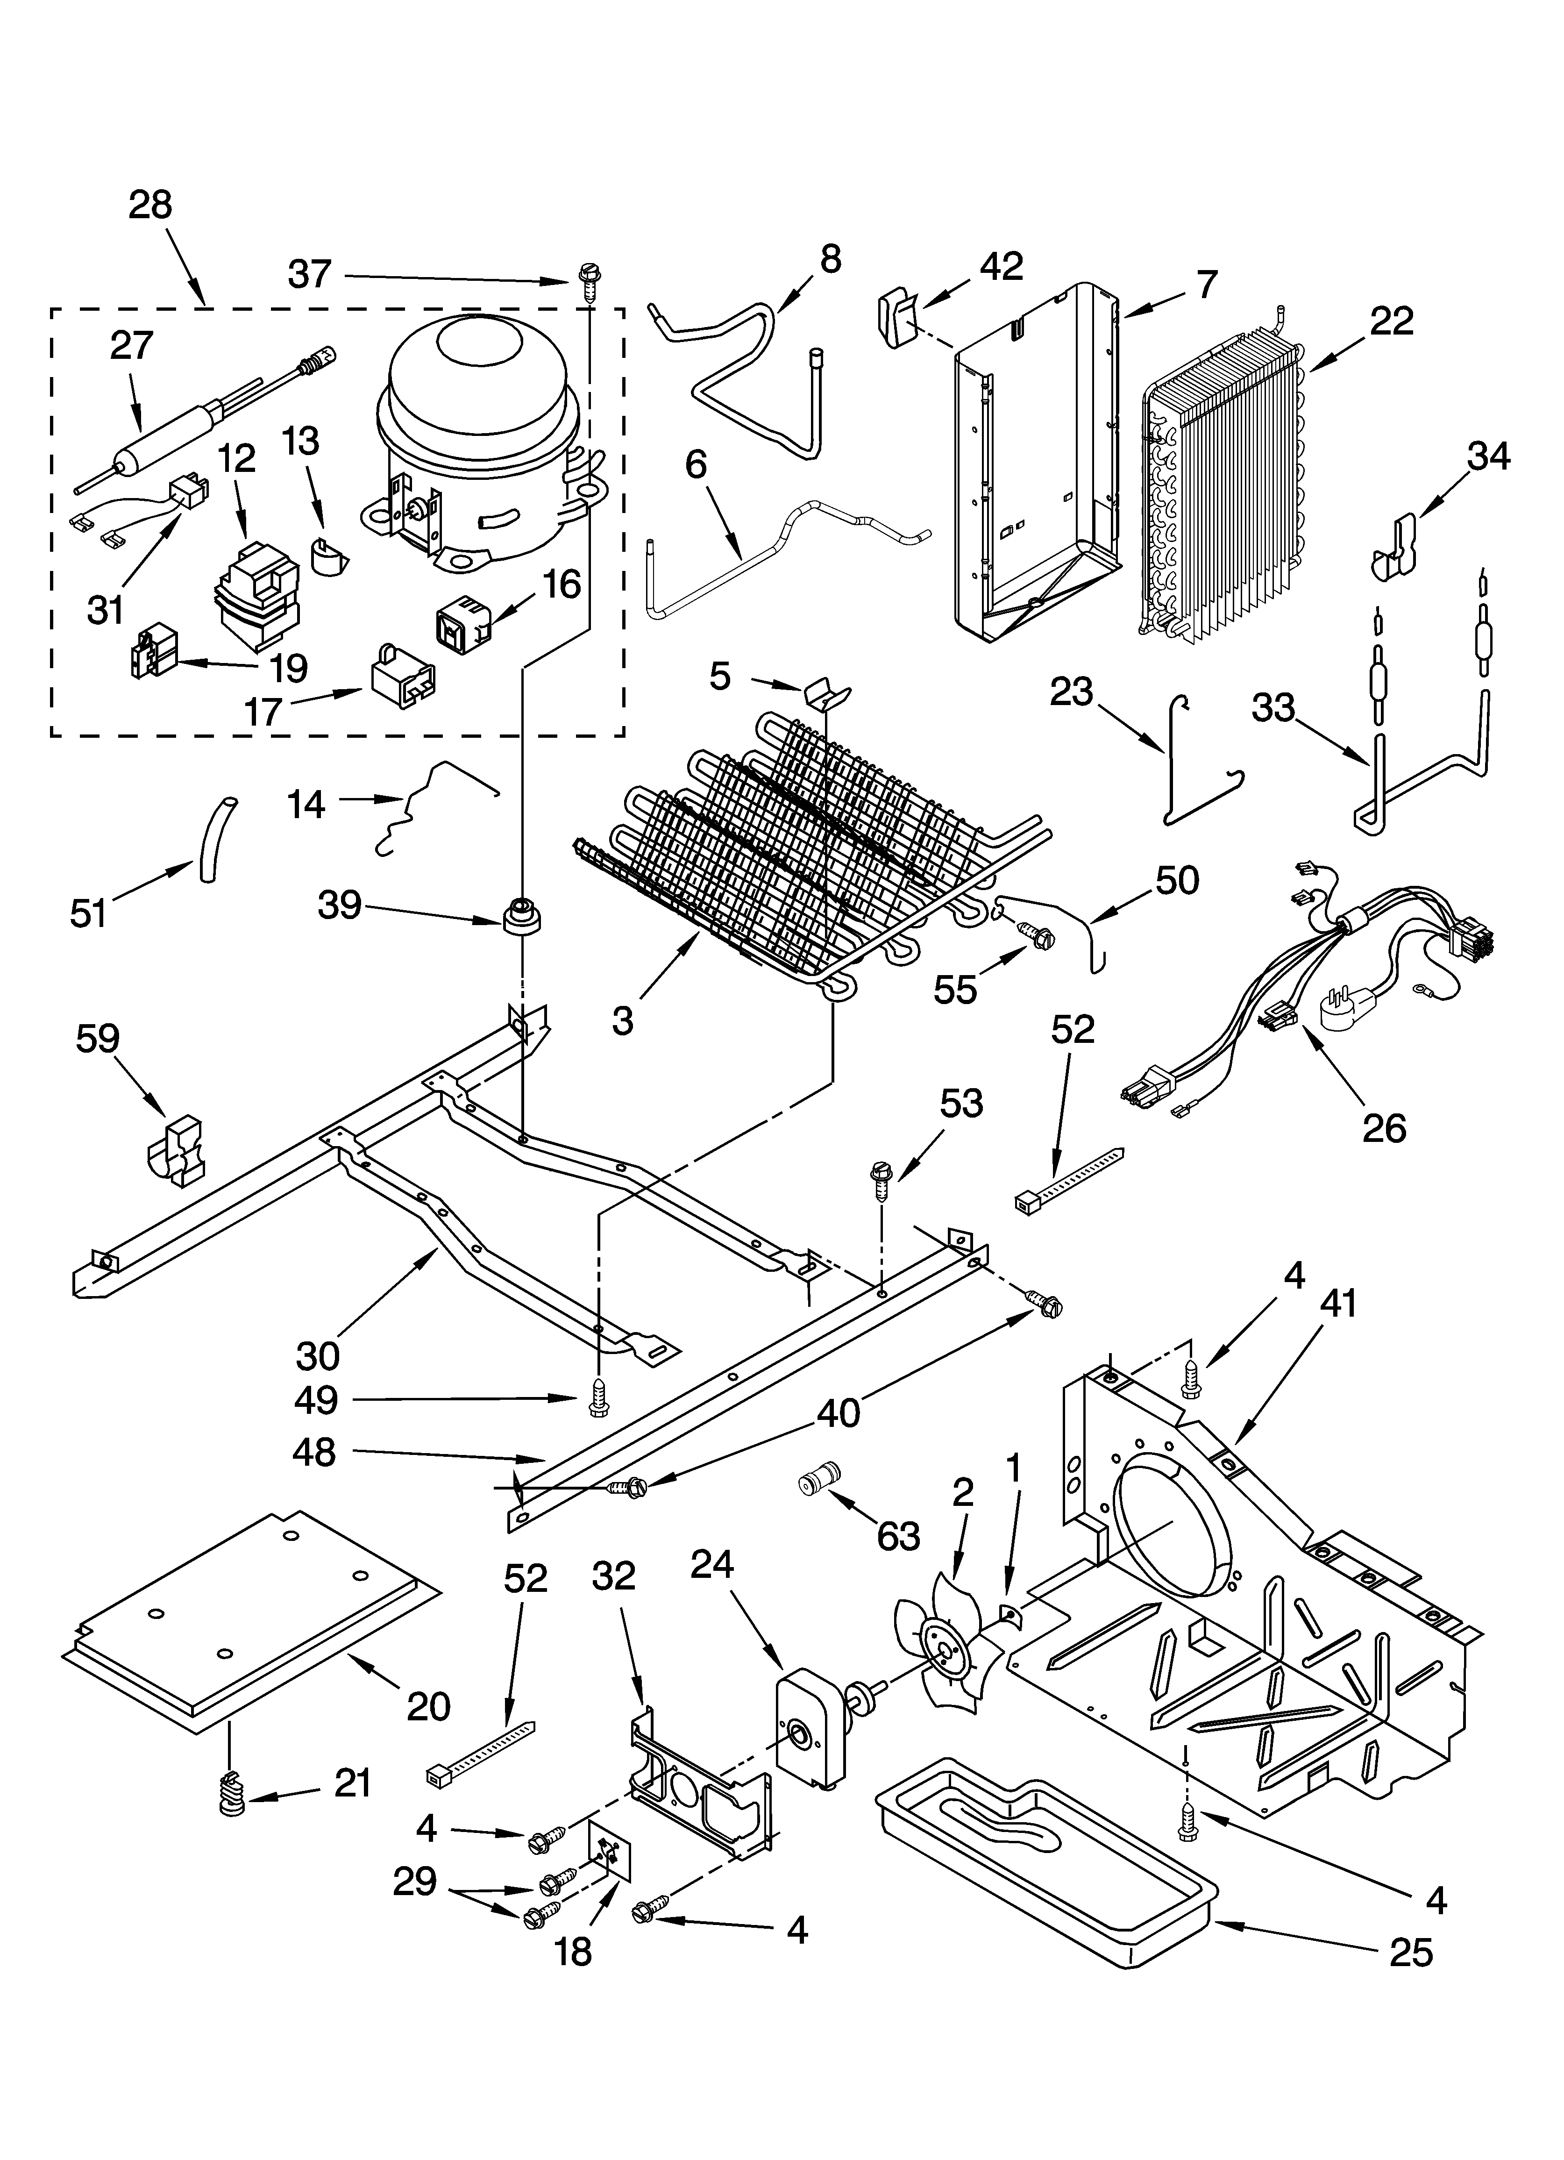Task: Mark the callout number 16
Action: (562, 584)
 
